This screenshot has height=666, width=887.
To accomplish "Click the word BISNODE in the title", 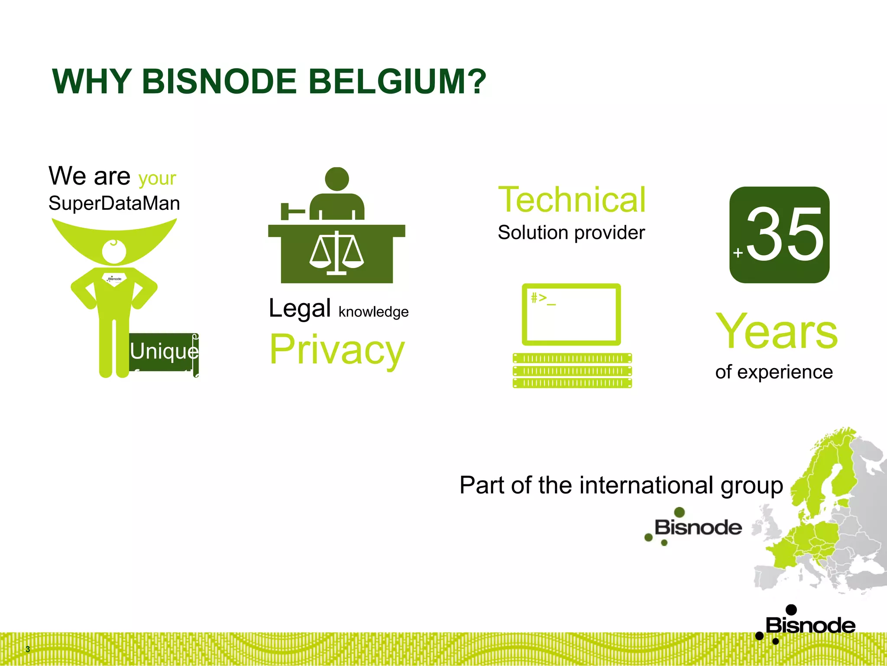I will (219, 82).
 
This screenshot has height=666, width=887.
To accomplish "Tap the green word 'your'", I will (157, 178).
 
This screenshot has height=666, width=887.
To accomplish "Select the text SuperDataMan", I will (114, 203).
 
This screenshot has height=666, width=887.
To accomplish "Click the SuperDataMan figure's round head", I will (114, 251).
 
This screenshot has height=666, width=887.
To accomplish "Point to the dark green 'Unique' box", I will (164, 352).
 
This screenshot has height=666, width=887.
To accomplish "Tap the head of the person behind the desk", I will (337, 179).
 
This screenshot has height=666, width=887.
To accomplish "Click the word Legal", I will (300, 308).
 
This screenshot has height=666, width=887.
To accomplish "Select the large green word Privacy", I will (337, 349).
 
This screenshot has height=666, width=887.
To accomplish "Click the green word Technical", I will (572, 200).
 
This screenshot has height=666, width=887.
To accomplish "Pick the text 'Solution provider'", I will (571, 233).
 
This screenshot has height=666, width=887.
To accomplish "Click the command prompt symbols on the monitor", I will (543, 298).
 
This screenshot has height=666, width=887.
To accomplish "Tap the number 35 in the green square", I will (785, 235).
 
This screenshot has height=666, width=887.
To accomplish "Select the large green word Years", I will (777, 332).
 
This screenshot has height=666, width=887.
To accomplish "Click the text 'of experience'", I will (774, 372).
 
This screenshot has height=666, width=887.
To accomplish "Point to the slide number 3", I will (28, 649).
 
